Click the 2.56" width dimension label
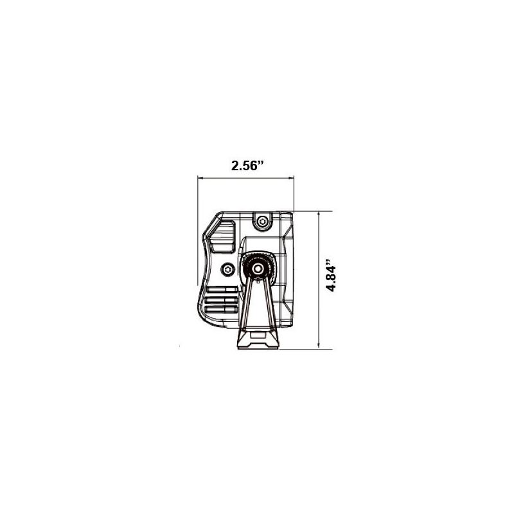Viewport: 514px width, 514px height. click(248, 165)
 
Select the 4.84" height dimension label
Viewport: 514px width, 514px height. click(331, 276)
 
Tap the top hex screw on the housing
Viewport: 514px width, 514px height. click(261, 222)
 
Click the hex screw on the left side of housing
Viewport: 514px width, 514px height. click(227, 269)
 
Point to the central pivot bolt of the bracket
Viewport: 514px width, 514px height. click(258, 268)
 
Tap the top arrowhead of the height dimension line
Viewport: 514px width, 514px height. click(319, 214)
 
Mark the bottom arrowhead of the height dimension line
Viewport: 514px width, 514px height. click(319, 346)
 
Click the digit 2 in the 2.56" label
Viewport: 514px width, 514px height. click(235, 165)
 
